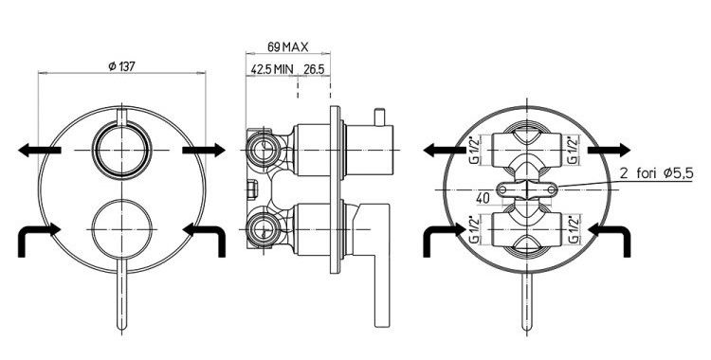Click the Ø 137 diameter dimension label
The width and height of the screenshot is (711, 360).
point(121,66)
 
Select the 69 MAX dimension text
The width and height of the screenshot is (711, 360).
point(287,46)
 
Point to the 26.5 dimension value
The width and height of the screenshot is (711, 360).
point(314,69)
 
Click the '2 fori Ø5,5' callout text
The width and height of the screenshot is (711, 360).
point(656,173)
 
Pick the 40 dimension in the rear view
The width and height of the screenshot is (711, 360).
point(483,198)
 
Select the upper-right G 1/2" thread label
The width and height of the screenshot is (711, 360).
point(573,150)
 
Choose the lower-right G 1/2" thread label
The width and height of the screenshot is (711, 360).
point(573,230)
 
